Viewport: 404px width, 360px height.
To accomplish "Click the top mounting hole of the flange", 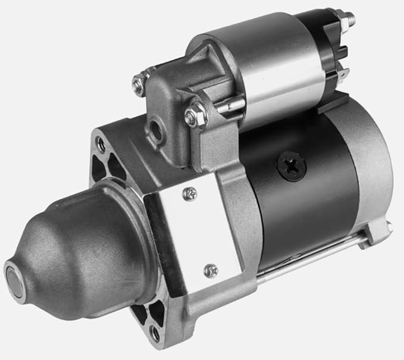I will tap(101, 143).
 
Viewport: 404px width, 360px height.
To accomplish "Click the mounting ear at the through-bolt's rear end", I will tap(378, 232).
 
